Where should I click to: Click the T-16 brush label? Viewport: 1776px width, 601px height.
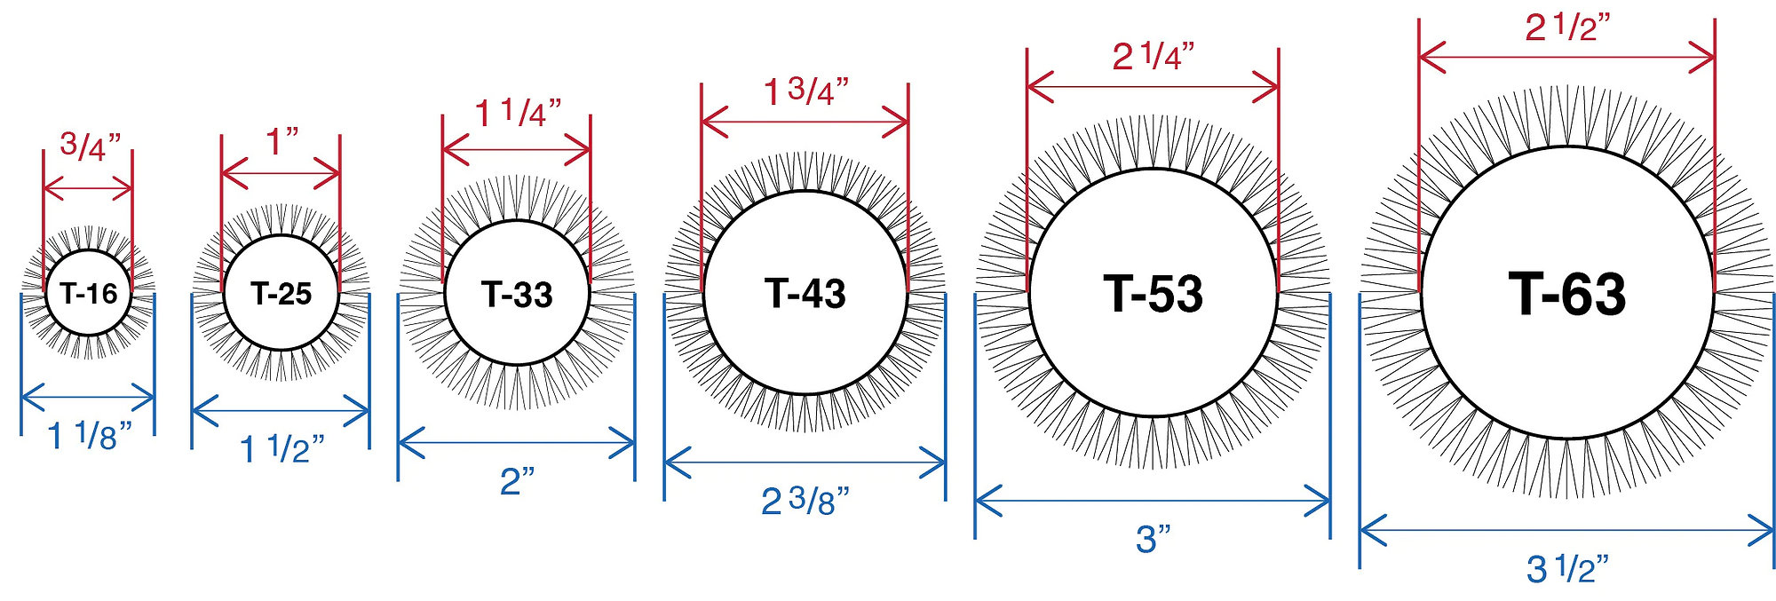tap(89, 293)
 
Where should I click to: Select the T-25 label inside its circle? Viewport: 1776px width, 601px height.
tap(281, 293)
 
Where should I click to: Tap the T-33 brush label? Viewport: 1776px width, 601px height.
tap(517, 294)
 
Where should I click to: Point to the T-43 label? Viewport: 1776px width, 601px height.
tap(805, 293)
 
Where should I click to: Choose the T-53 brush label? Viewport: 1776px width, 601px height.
tap(1154, 293)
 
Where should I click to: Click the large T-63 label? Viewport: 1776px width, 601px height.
tap(1567, 294)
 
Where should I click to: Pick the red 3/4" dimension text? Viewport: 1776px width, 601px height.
tap(90, 146)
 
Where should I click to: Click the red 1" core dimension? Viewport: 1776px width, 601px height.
tap(282, 141)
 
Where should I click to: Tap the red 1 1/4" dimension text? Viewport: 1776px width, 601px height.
tap(518, 114)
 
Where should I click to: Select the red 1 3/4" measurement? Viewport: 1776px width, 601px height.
tap(806, 91)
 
